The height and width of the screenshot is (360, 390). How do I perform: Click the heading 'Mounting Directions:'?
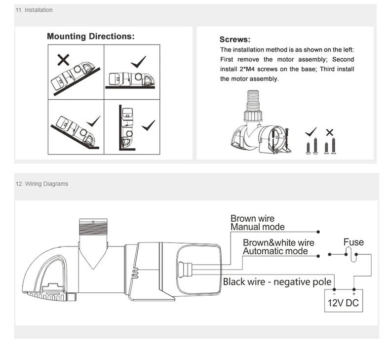pyautogui.click(x=90, y=37)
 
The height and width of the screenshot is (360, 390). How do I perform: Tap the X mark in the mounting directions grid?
pyautogui.click(x=63, y=60)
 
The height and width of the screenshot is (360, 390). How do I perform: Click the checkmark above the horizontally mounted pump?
pyautogui.click(x=138, y=62)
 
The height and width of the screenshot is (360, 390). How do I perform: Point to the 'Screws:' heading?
pyautogui.click(x=235, y=40)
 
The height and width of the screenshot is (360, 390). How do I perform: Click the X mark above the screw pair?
pyautogui.click(x=330, y=132)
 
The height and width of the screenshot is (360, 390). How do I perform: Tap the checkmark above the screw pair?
pyautogui.click(x=311, y=132)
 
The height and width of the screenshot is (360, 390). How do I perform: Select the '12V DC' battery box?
pyautogui.click(x=344, y=301)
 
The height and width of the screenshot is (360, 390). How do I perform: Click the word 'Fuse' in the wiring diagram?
pyautogui.click(x=353, y=242)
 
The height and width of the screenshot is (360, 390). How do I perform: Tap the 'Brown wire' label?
pyautogui.click(x=252, y=218)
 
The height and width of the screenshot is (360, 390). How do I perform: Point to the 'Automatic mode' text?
pyautogui.click(x=275, y=251)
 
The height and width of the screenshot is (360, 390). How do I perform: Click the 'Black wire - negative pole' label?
pyautogui.click(x=277, y=281)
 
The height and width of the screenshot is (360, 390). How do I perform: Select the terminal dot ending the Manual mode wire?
pyautogui.click(x=318, y=232)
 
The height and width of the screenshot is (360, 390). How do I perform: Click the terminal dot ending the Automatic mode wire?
pyautogui.click(x=318, y=256)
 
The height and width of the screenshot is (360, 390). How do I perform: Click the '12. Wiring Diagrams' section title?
pyautogui.click(x=42, y=184)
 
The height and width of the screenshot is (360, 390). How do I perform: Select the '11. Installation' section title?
pyautogui.click(x=34, y=10)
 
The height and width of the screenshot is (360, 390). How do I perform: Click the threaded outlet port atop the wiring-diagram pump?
pyautogui.click(x=93, y=227)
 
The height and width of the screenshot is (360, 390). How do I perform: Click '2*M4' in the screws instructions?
pyautogui.click(x=247, y=69)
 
